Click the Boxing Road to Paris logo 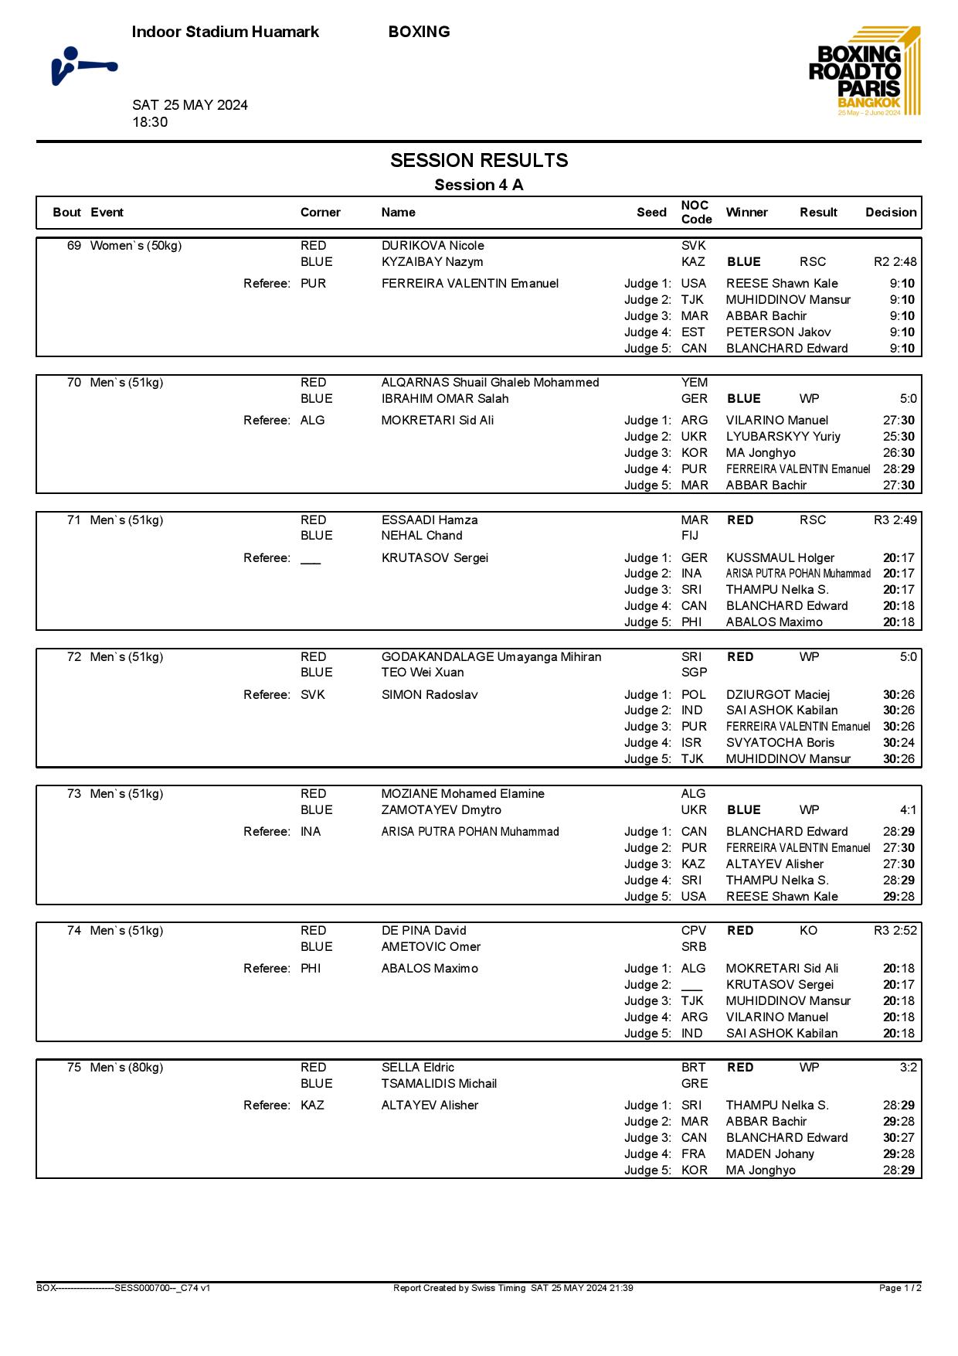[865, 72]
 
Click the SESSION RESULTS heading [479, 161]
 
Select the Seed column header [651, 213]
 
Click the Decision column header [891, 213]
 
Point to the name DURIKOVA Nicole [433, 246]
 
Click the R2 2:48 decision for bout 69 [895, 262]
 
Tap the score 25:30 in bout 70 [899, 437]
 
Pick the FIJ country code [690, 536]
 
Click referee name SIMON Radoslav [430, 695]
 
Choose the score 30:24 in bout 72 [899, 743]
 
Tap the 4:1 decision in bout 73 [908, 810]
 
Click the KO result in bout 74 [808, 931]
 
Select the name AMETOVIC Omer [431, 947]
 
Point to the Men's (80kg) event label [127, 1068]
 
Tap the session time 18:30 [150, 122]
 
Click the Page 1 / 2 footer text [900, 1288]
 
